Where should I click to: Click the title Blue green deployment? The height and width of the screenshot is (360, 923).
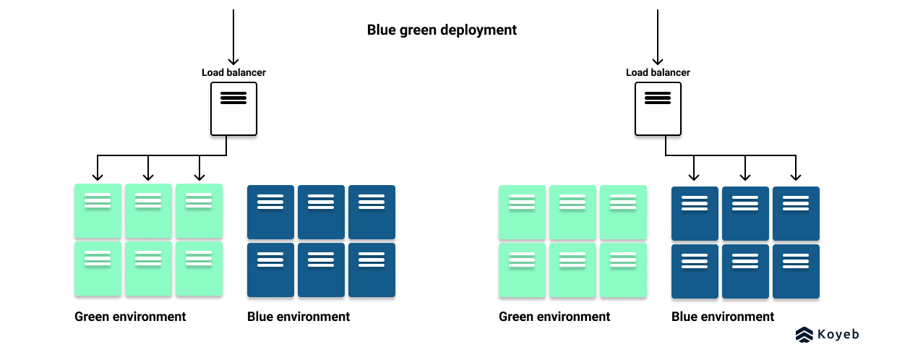click(x=442, y=30)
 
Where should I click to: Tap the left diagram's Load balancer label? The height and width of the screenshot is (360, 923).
click(x=233, y=72)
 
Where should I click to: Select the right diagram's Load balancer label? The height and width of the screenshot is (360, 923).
click(x=658, y=72)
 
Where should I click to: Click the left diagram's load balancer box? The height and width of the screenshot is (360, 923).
click(x=233, y=108)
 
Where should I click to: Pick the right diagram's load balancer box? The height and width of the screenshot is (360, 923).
click(x=658, y=108)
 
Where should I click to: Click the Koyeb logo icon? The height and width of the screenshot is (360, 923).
click(x=804, y=334)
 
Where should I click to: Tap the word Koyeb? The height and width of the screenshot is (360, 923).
click(x=838, y=334)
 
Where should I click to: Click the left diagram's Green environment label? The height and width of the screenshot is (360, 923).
click(x=130, y=317)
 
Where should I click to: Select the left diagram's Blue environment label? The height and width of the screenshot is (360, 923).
click(x=299, y=317)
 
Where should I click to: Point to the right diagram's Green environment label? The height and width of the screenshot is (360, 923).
click(x=554, y=317)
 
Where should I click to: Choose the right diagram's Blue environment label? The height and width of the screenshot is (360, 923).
click(x=723, y=317)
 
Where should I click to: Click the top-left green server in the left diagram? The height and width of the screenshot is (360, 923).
click(x=98, y=210)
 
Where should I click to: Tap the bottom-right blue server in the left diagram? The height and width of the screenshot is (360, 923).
click(x=372, y=270)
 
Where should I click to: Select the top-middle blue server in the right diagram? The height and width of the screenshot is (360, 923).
click(x=745, y=213)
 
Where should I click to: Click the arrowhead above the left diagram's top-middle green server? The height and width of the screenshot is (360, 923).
click(x=148, y=176)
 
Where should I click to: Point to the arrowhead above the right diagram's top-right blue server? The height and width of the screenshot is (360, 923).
click(x=796, y=176)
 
